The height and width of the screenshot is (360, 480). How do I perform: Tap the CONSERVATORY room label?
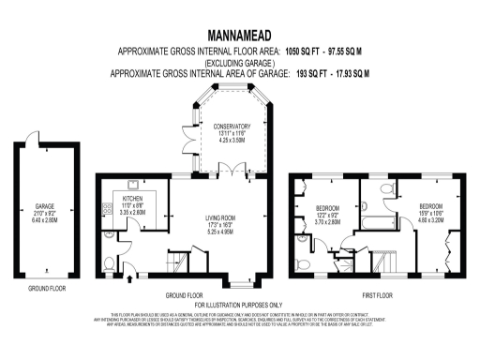[x=231, y=127]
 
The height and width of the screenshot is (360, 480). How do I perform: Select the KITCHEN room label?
[x=130, y=199]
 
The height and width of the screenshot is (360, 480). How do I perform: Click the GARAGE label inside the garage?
[x=44, y=203]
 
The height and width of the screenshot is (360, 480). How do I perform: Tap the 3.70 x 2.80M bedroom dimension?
[x=327, y=222]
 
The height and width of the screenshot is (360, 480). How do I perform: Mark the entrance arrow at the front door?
[x=128, y=277]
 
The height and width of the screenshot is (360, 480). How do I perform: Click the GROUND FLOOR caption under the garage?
[x=43, y=289]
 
